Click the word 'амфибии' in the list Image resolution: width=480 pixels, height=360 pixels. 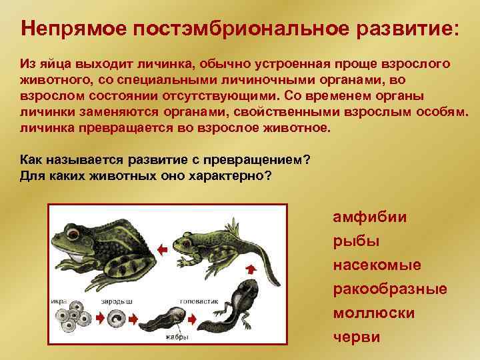point(370,217)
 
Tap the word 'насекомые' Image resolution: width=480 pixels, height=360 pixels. point(377,265)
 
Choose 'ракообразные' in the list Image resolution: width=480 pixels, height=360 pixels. point(390,289)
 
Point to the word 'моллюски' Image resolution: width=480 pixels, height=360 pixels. point(373,313)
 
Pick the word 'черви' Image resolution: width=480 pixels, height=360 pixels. point(356,337)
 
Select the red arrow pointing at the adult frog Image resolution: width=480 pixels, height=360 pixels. point(162,249)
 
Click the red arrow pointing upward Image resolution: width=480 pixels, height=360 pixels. point(251,268)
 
